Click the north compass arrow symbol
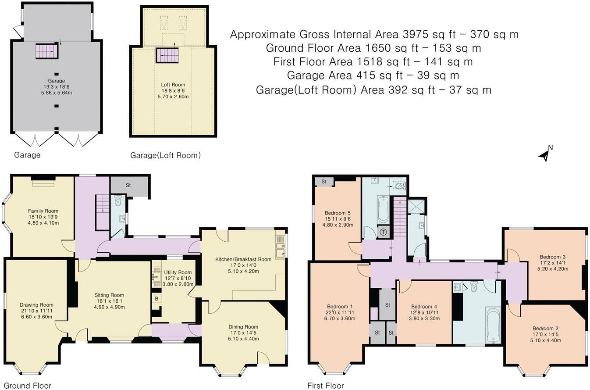pyautogui.click(x=544, y=155)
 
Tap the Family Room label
pyautogui.click(x=43, y=211)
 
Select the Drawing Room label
pyautogui.click(x=36, y=305)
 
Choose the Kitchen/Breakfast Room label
pyautogui.click(x=243, y=259)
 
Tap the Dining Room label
pyautogui.click(x=243, y=327)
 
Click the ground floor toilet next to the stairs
pyautogui.click(x=117, y=201)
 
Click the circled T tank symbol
pyautogui.click(x=384, y=232)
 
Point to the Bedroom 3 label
pyautogui.click(x=552, y=257)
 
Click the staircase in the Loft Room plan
pyautogui.click(x=167, y=55)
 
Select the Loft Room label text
pyautogui.click(x=173, y=85)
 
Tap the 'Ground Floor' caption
pyautogui.click(x=26, y=386)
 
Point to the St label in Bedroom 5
pyautogui.click(x=324, y=182)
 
